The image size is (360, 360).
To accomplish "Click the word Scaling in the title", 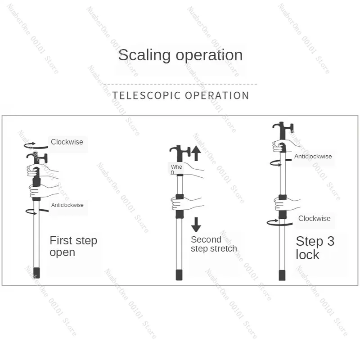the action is click(x=144, y=55).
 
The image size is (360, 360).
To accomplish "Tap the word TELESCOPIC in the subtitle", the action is click(x=146, y=95).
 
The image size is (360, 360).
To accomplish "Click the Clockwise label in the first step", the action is click(x=67, y=142).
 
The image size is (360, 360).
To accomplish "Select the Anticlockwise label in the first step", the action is click(x=67, y=205).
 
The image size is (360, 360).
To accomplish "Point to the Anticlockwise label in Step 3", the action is click(x=313, y=156).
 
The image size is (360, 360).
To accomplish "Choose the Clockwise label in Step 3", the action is click(x=314, y=218).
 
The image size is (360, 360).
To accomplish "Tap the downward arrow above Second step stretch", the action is click(x=196, y=225).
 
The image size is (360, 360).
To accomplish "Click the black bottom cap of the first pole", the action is click(x=37, y=273).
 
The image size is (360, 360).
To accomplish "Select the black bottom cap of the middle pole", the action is click(x=179, y=275).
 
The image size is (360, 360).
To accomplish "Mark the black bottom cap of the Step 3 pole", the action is click(x=282, y=275).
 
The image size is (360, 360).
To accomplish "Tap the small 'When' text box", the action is click(x=176, y=169).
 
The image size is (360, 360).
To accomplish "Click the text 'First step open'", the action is click(x=73, y=246).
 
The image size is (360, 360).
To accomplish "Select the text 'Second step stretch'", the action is click(x=214, y=244).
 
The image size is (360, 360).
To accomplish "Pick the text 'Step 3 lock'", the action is click(x=315, y=248).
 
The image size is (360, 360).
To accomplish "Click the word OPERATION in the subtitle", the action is click(x=217, y=95).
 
